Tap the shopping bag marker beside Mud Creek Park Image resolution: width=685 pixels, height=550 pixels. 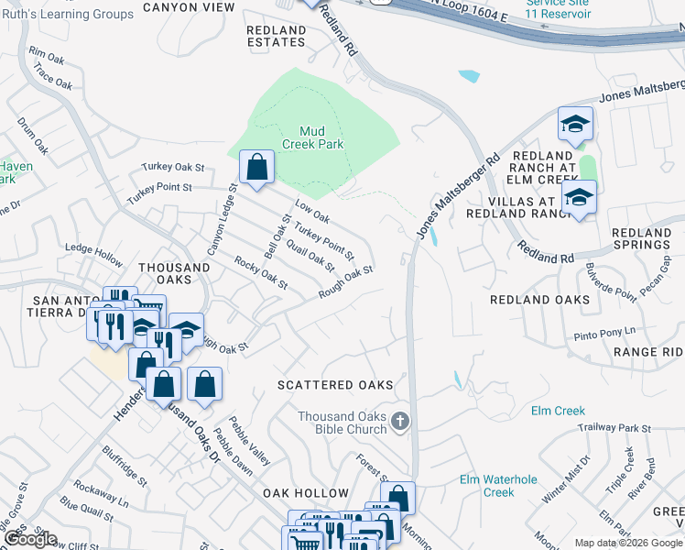[x=257, y=168]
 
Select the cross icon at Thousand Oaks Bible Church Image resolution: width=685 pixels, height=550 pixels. [x=398, y=423]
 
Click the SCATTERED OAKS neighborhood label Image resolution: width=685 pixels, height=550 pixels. [x=335, y=386]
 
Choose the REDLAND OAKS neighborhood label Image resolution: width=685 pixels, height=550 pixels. [x=540, y=300]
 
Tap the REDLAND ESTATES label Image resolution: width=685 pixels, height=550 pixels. [x=276, y=36]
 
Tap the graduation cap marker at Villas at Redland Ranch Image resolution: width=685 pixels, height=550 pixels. [x=579, y=198]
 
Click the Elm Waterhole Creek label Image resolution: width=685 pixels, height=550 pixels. [x=499, y=486]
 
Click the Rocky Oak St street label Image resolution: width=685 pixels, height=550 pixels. [x=261, y=272]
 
